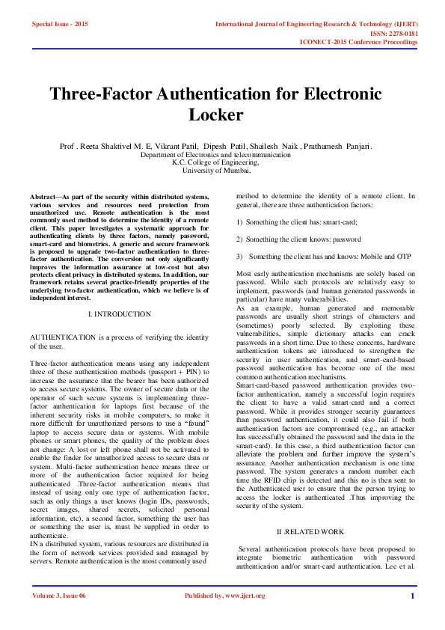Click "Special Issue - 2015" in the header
[60, 25]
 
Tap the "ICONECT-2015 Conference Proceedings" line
[358, 42]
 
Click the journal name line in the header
[316, 25]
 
